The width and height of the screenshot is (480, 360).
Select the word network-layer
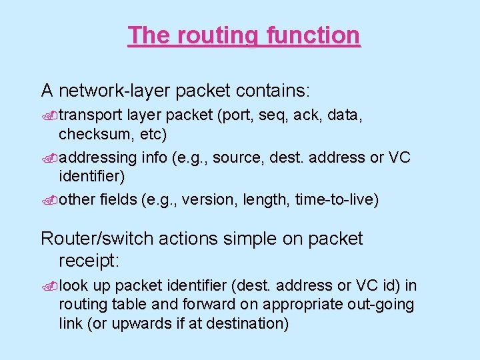click(x=124, y=90)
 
